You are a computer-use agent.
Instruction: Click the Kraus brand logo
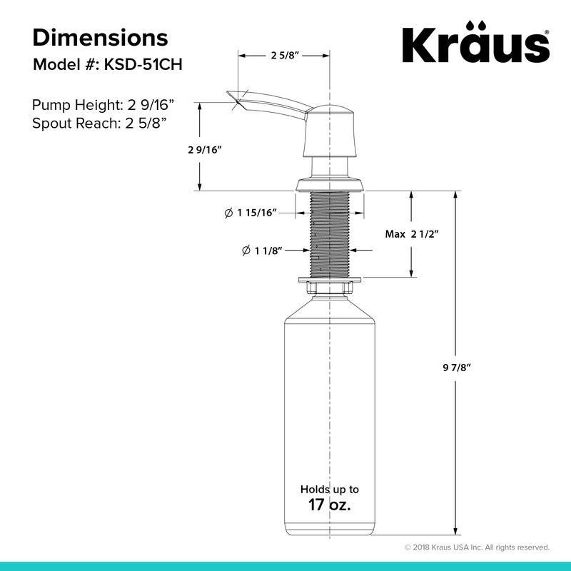(x=475, y=42)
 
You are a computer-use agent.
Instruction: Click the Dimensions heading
(x=100, y=38)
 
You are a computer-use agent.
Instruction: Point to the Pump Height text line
(x=103, y=105)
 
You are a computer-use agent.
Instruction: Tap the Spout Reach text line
(x=99, y=123)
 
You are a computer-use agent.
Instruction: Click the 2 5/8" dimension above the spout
(x=285, y=56)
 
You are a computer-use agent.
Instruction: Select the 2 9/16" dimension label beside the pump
(x=205, y=150)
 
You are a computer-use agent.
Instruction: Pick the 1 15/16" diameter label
(x=251, y=213)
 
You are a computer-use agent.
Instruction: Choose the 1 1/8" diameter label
(x=262, y=251)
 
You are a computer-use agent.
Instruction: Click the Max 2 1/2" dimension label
(x=412, y=234)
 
